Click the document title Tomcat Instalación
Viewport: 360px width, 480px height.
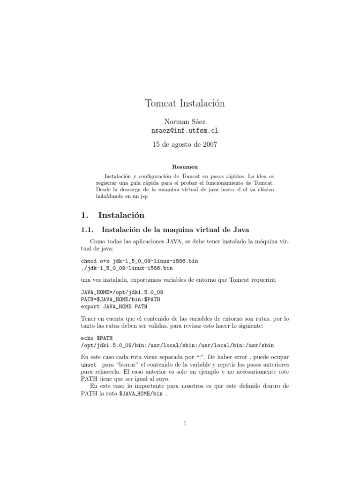pos(185,104)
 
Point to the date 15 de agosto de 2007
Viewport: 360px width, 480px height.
pos(185,145)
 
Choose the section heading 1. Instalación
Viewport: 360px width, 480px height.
pos(113,215)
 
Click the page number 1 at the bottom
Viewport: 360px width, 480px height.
pos(185,423)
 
